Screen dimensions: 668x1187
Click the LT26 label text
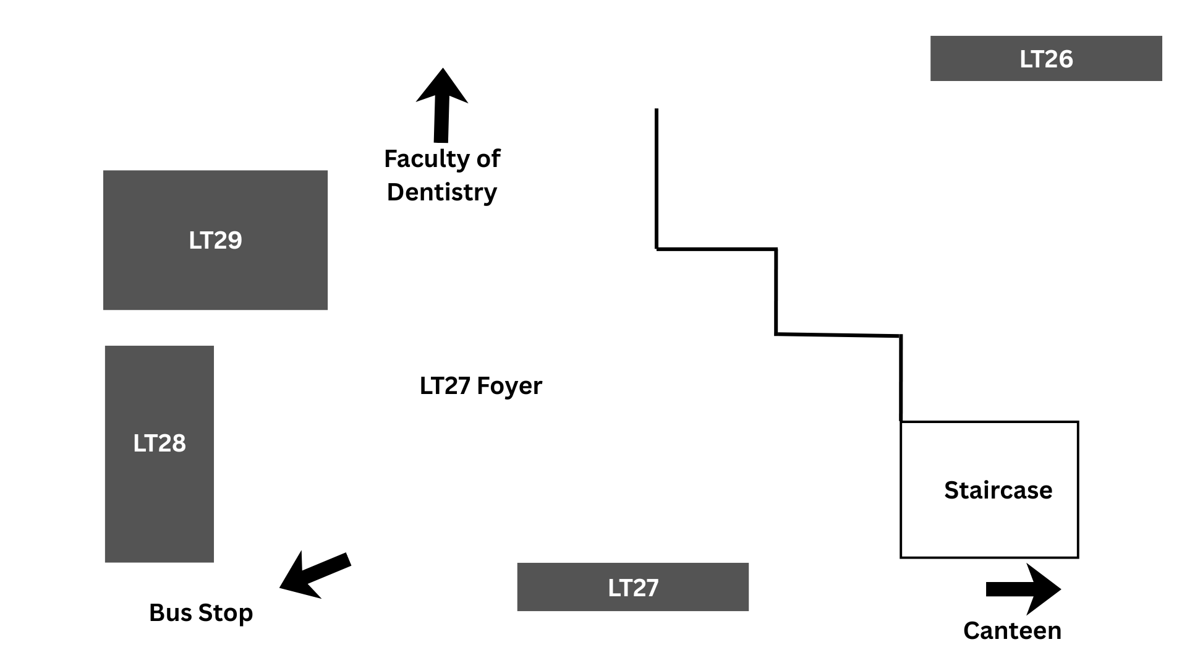[x=1046, y=59]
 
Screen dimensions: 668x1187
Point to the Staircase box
[x=989, y=526]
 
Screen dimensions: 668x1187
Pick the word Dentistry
[x=441, y=192]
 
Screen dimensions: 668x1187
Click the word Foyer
[x=509, y=386]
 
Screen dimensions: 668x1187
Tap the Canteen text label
[x=1012, y=631]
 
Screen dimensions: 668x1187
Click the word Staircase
[x=998, y=490]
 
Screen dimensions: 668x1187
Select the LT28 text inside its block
[x=160, y=443]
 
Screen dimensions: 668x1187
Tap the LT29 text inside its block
[x=215, y=240]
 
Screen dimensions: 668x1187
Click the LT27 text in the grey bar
[x=633, y=588]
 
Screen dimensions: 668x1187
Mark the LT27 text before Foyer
[x=445, y=386]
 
